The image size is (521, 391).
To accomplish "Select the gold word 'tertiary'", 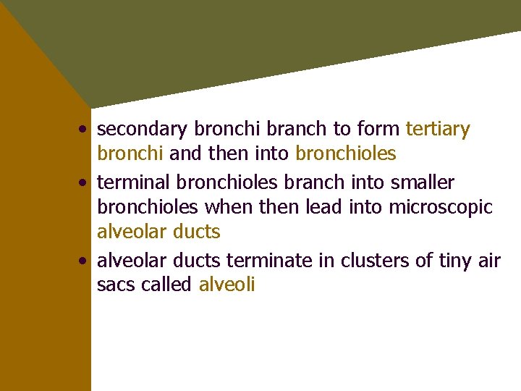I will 438,130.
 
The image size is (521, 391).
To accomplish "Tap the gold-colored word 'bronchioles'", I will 346,154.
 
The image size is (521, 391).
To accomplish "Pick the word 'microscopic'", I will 441,207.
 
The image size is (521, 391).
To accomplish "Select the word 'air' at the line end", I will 488,259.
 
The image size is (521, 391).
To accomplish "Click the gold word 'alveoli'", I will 226,285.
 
